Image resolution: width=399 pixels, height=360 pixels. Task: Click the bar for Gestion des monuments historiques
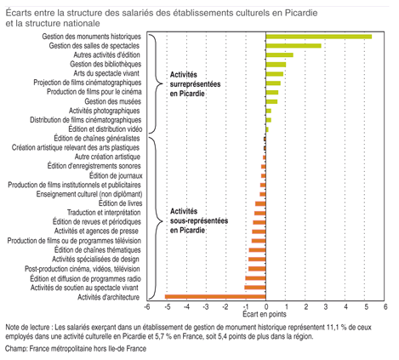pos(319,37)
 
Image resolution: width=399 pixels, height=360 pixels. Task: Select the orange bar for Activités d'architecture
pos(215,297)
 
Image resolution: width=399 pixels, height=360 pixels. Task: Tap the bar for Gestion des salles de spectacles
pos(294,46)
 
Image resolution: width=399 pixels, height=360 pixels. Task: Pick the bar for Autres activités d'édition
pos(280,54)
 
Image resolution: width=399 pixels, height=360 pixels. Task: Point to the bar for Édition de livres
pos(260,203)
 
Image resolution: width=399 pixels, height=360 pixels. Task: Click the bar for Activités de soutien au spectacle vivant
pos(255,288)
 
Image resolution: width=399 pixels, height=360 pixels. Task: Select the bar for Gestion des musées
pos(271,101)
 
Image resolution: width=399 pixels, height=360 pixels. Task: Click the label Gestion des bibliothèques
pos(105,64)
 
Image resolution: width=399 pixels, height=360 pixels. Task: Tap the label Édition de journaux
pos(116,176)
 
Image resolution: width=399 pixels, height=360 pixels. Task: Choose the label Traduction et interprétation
pos(104,213)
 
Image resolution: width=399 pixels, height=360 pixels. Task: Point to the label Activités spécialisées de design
pos(95,260)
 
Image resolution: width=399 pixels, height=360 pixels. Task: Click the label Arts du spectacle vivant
pos(106,73)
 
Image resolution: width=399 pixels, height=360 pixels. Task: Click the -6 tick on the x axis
pos(146,306)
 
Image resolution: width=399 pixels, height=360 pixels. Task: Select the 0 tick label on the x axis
pos(266,306)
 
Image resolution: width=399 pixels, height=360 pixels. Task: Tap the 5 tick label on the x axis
pos(366,306)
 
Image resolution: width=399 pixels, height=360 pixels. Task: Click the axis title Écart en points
pos(265,314)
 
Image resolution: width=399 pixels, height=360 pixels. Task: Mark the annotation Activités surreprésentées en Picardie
pos(195,84)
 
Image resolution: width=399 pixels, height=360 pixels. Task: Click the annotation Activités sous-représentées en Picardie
pos(199,220)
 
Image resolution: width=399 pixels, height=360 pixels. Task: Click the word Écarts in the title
pos(19,13)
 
